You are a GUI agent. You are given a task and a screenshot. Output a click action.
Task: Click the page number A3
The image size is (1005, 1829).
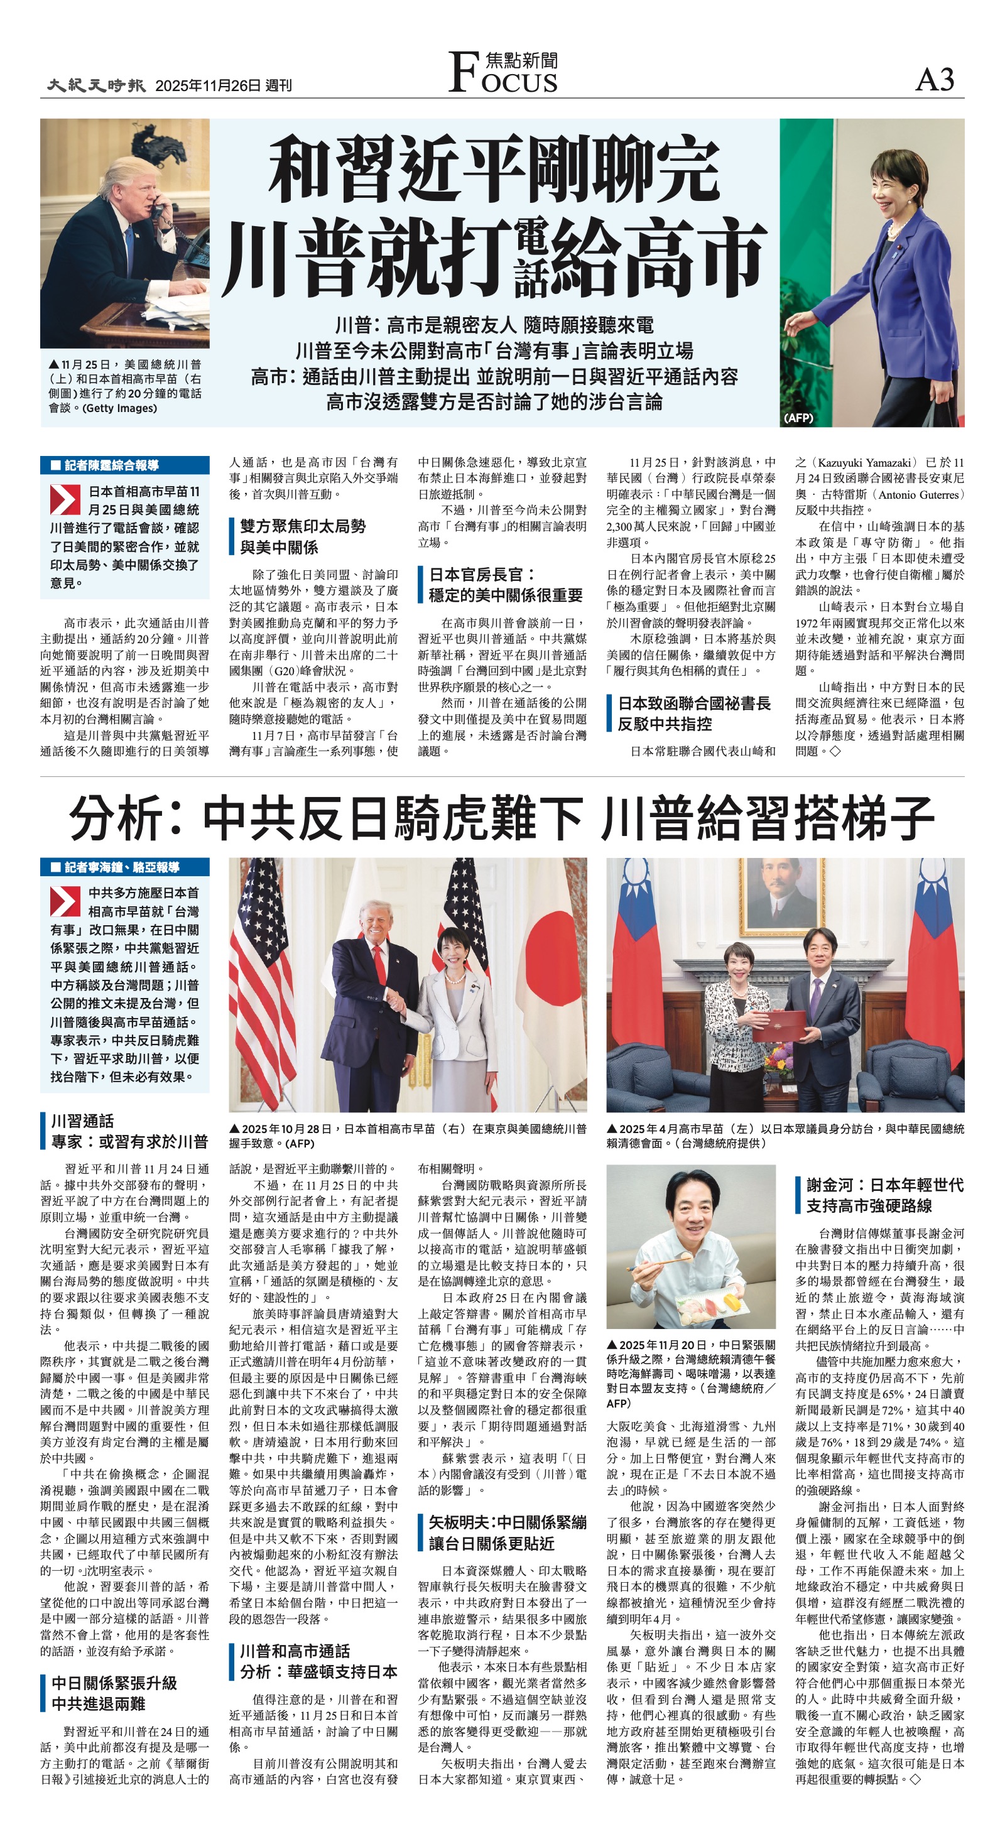935,80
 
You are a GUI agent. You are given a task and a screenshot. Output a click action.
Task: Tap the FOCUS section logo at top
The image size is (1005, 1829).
503,72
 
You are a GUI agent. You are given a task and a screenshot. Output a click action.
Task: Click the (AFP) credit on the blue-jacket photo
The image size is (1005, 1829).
798,418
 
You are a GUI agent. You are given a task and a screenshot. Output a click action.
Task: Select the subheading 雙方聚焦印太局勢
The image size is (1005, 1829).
303,526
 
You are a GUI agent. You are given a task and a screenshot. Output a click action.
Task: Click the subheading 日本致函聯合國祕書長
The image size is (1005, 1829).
694,703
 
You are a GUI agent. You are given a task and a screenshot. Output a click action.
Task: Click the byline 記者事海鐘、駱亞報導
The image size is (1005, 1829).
121,867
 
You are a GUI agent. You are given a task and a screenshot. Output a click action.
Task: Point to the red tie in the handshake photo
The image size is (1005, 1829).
379,963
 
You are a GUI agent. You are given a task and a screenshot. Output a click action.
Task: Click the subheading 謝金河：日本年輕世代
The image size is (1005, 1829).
884,1185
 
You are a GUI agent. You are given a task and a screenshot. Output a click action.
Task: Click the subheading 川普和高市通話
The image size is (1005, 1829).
295,1651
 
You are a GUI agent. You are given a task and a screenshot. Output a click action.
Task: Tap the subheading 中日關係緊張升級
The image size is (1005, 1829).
114,1683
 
